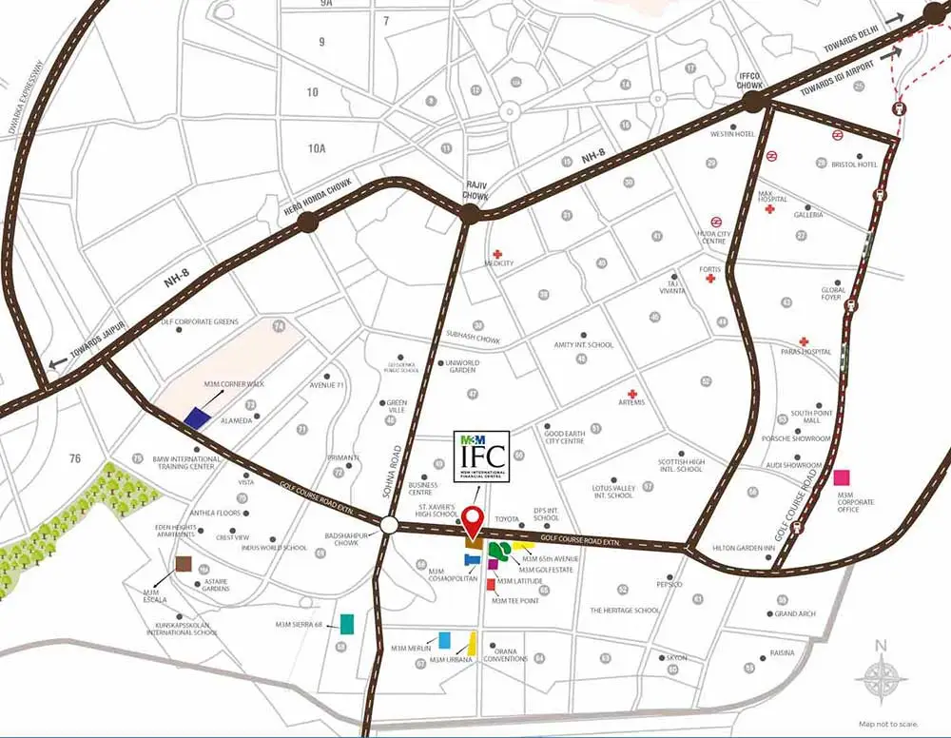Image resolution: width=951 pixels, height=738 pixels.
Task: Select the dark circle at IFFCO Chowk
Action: [753, 101]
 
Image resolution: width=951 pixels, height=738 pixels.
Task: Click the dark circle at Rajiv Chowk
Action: [468, 215]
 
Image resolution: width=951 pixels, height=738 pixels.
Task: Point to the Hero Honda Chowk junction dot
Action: [308, 223]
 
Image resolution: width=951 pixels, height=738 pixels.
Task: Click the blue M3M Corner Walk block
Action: [197, 417]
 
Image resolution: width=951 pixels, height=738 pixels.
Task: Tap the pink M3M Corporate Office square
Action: [843, 477]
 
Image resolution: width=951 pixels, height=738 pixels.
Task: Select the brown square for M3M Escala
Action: [182, 564]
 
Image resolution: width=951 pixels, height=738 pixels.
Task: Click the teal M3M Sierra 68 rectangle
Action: [347, 624]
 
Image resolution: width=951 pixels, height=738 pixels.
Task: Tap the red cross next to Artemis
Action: [631, 394]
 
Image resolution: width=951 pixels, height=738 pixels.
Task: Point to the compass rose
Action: [881, 680]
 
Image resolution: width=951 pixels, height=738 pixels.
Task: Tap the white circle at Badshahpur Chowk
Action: [390, 526]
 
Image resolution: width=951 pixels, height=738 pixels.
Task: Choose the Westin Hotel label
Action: [732, 134]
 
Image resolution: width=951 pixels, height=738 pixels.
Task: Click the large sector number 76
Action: [75, 459]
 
